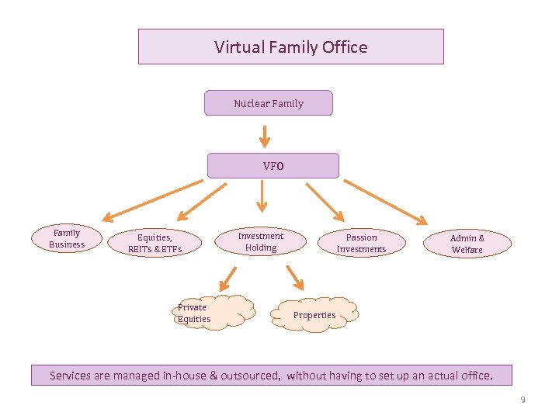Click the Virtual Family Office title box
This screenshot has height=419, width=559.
pos(290,47)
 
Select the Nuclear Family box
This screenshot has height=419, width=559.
pos(268,103)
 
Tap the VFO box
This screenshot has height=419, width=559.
pos(273,165)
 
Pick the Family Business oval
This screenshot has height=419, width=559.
pos(67,238)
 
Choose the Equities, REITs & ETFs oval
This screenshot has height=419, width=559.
pos(155,243)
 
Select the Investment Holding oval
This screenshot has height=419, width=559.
pos(261,241)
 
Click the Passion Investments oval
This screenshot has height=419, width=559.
pos(361,243)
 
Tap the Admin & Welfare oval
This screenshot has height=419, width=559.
pos(467,244)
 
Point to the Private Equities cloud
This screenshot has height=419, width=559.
pos(214,312)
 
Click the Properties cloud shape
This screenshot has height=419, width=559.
pos(315,314)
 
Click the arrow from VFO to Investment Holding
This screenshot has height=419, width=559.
pos(262,195)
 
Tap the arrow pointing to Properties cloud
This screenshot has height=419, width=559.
pos(294,276)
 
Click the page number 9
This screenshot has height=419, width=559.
pos(523,400)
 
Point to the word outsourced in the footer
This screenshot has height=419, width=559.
pos(250,376)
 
